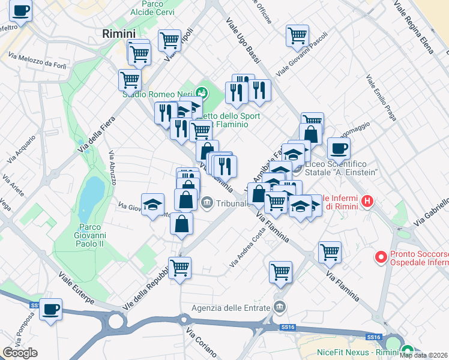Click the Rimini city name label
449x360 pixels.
tap(119, 34)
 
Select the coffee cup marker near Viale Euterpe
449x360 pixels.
tap(50, 310)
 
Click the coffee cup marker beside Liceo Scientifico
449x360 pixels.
tap(339, 148)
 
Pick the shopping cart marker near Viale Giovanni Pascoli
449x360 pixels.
tap(297, 36)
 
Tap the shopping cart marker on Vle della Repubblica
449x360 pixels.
tap(179, 268)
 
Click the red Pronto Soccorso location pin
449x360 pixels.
tap(380, 257)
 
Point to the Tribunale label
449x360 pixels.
tap(232, 203)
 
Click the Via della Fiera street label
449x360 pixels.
tap(96, 133)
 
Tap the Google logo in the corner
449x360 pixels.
tap(20, 353)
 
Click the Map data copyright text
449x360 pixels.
tap(424, 355)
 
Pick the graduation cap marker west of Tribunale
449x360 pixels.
tap(152, 204)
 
